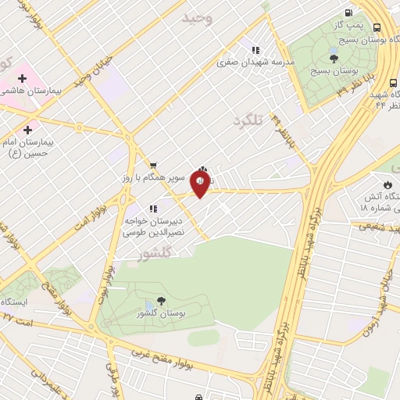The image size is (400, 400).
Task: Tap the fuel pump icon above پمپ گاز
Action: point(348,12)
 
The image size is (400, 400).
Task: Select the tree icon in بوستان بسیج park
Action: point(334,58)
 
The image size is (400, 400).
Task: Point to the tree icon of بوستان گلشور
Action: point(161,301)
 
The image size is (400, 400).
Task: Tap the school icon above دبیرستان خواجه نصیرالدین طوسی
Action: point(152,209)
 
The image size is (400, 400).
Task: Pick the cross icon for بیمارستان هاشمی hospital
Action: point(22,77)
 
